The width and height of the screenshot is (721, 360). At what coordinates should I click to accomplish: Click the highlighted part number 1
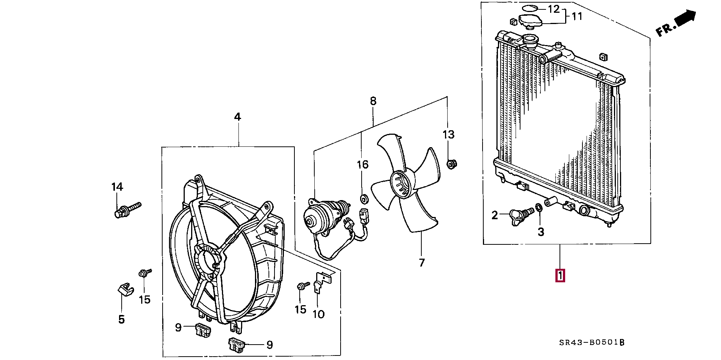click(560, 276)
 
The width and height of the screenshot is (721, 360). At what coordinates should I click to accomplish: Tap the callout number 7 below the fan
click(422, 262)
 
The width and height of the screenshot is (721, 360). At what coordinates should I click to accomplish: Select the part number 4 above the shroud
click(237, 117)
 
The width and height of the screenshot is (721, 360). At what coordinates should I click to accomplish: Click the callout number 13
click(448, 134)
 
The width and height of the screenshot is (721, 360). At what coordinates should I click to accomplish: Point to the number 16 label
click(362, 164)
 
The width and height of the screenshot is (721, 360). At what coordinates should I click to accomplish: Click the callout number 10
click(318, 314)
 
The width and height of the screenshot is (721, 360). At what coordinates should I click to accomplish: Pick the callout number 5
click(121, 319)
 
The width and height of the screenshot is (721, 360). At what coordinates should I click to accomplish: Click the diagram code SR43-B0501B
click(591, 342)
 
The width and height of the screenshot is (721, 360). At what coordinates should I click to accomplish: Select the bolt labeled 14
click(126, 209)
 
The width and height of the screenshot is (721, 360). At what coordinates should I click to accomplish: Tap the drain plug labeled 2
click(520, 216)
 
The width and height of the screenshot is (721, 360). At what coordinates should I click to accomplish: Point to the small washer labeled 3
click(538, 207)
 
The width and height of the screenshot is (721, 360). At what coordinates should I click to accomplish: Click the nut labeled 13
click(451, 164)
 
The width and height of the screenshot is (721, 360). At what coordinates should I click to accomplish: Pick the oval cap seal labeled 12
click(530, 8)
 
